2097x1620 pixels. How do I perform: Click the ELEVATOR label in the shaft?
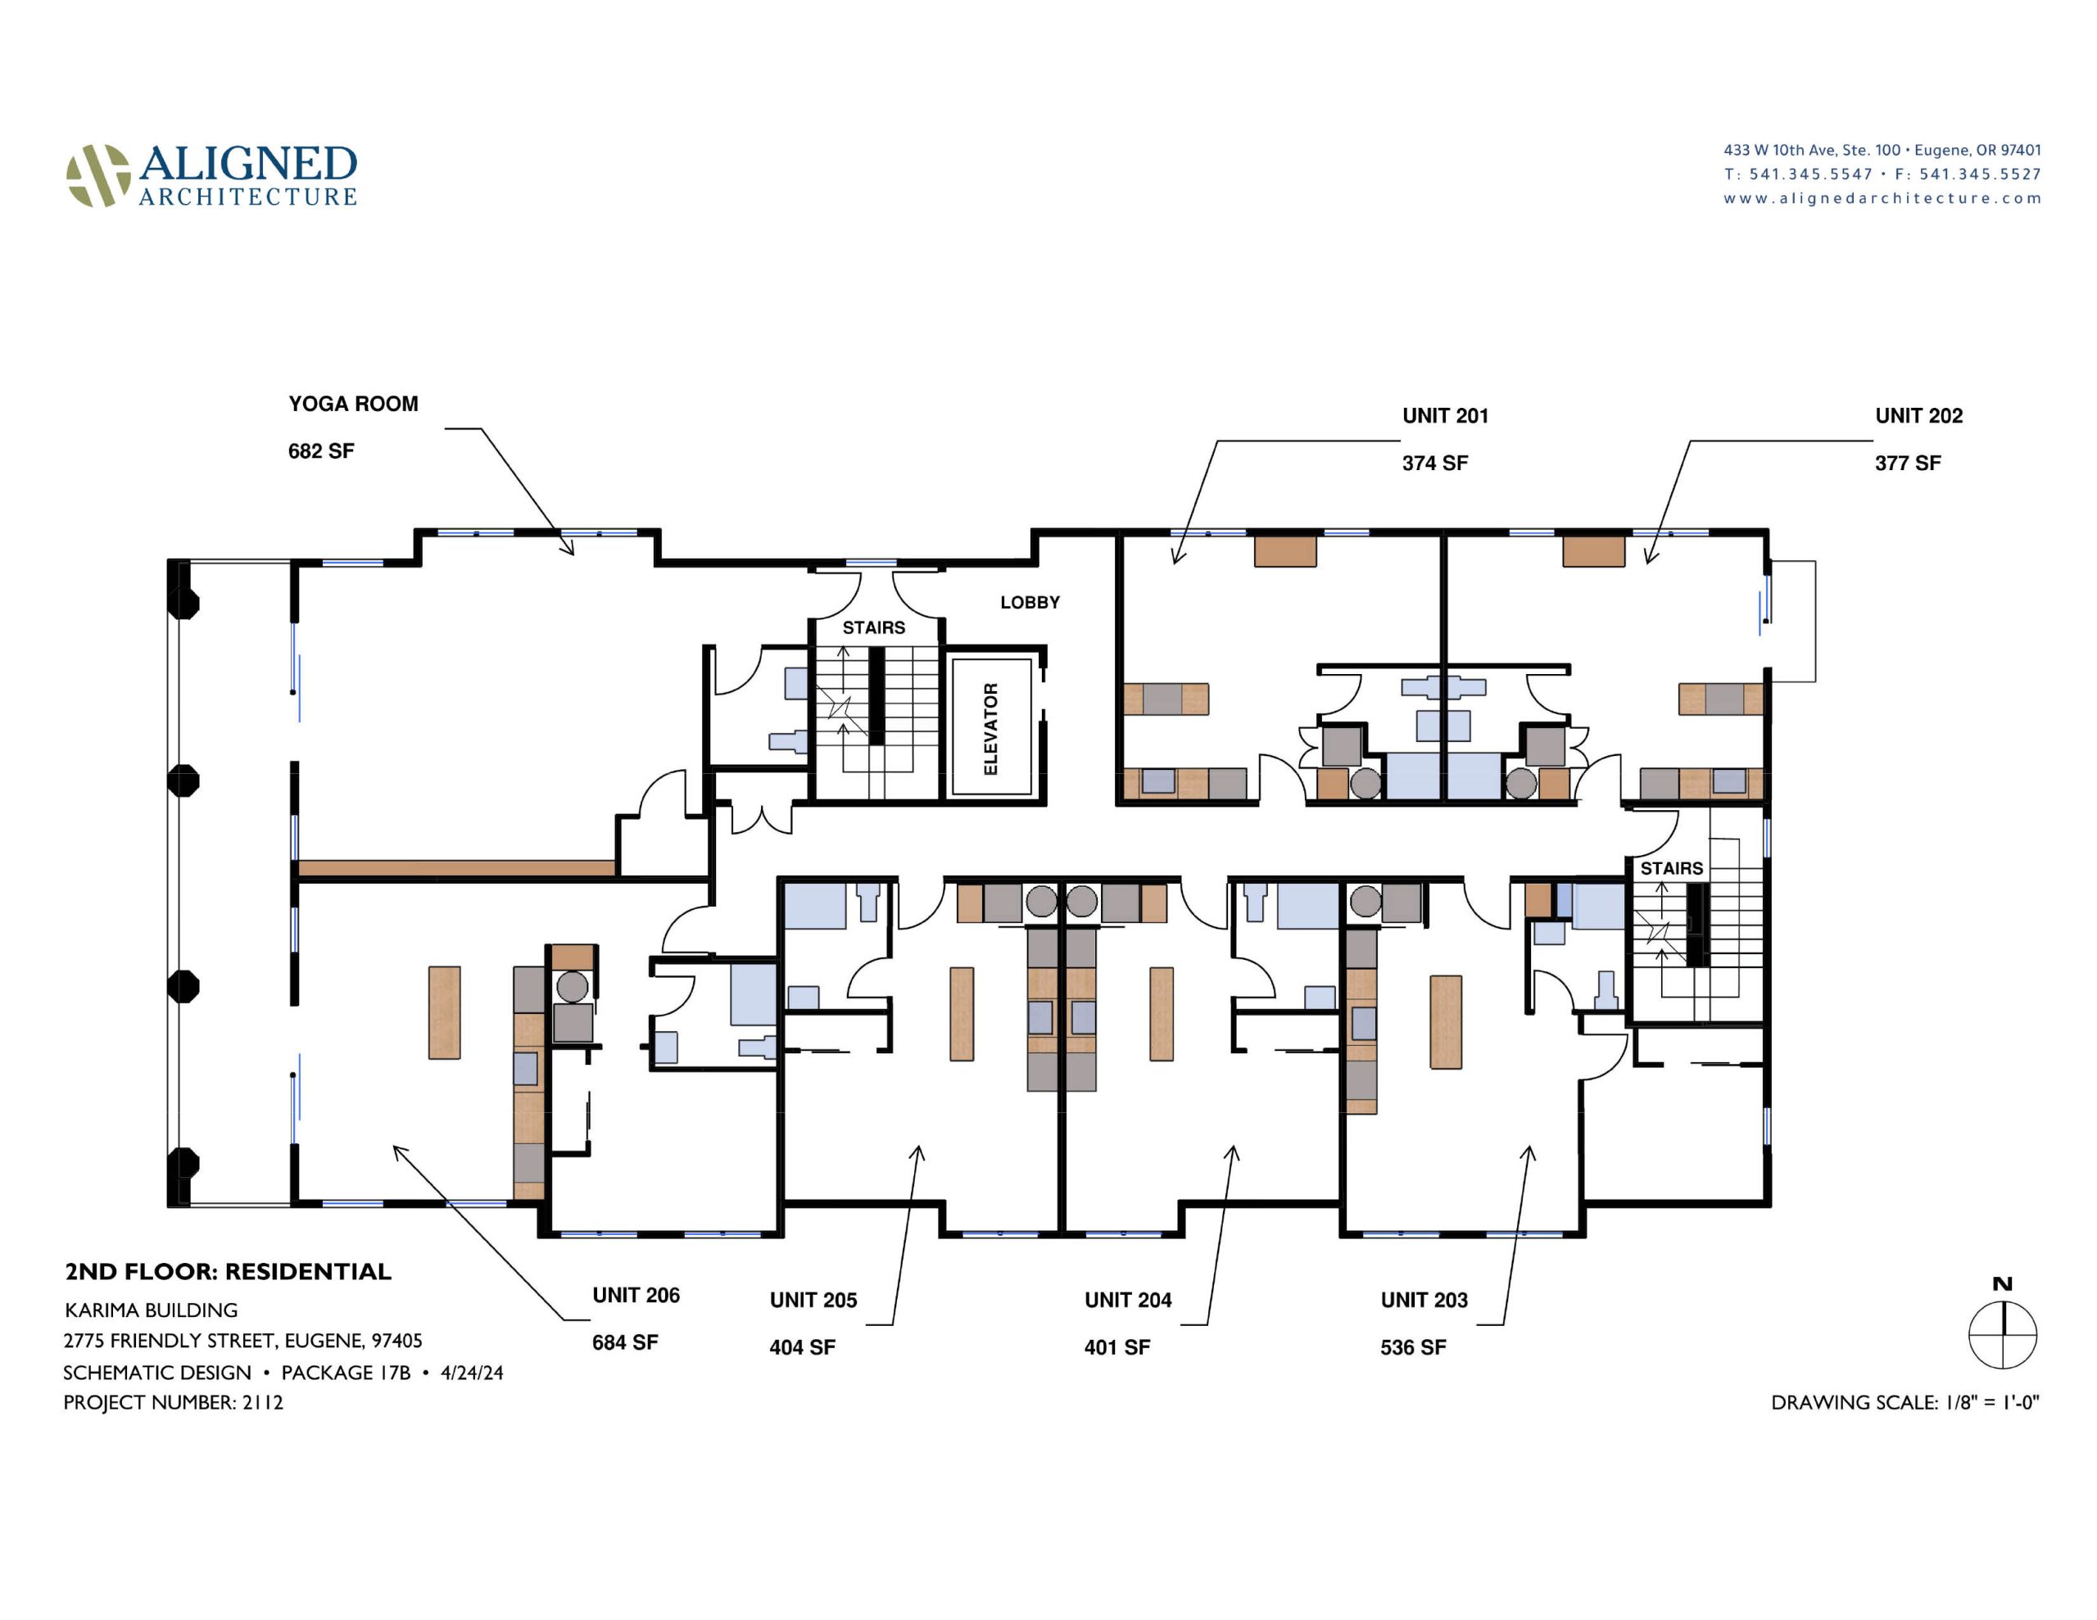(991, 728)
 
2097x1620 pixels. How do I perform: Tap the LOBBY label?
(1030, 602)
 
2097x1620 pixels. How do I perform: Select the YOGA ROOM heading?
(353, 403)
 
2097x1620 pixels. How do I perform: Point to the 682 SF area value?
(321, 451)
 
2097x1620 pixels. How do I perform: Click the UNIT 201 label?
(1445, 416)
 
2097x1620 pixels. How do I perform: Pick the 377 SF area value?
(1908, 463)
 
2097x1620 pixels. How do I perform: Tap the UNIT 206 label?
(636, 1296)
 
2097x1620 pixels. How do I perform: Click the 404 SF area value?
(802, 1347)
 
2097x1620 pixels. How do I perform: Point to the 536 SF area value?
(1412, 1347)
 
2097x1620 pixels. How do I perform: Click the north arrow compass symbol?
(2002, 1335)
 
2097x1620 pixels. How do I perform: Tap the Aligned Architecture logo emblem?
(98, 176)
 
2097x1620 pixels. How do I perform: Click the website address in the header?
(1882, 198)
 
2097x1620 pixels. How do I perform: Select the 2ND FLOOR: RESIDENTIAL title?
(228, 1271)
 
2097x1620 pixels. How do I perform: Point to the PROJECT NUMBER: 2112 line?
(173, 1402)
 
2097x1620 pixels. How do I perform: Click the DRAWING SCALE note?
(1905, 1402)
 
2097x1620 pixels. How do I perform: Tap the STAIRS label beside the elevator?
(874, 628)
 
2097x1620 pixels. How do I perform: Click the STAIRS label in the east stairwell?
(1672, 868)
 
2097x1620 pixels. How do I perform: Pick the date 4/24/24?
(472, 1372)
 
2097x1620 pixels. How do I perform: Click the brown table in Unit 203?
(1446, 1022)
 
